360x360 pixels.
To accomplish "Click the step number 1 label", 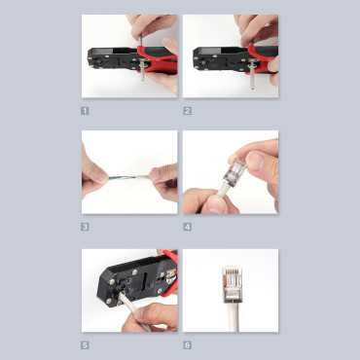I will [x=86, y=110].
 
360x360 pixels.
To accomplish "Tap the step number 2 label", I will [x=187, y=110].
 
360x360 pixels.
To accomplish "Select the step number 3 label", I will [x=86, y=227].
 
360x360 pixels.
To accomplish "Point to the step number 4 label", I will [x=187, y=227].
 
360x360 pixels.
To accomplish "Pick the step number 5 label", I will [x=86, y=343].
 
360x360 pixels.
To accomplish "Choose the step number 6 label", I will [x=187, y=343].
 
